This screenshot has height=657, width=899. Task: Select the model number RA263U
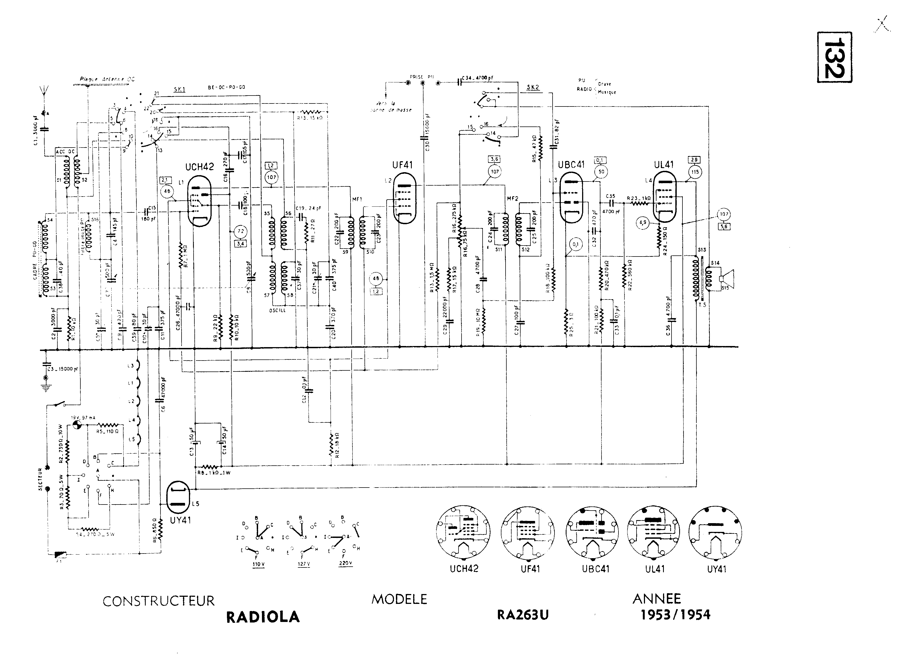523,615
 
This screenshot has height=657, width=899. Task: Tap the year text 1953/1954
675,615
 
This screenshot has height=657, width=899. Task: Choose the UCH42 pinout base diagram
463,533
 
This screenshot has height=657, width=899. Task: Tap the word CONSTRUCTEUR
159,601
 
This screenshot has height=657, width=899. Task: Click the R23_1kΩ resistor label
639,198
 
